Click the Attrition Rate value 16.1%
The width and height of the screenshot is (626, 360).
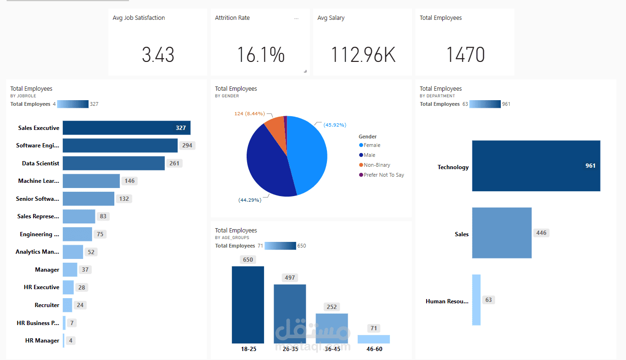[x=261, y=55]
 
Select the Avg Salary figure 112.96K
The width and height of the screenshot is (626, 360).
[x=363, y=55]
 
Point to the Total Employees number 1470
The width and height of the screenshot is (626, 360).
[x=465, y=55]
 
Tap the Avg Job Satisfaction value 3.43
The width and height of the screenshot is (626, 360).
[x=158, y=55]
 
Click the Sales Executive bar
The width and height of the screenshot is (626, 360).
[x=126, y=128]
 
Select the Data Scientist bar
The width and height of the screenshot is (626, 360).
[x=113, y=163]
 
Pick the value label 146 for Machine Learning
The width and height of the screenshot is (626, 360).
[x=129, y=181]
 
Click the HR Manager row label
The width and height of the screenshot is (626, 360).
[x=42, y=341]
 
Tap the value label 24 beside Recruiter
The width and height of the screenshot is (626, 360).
[x=80, y=305]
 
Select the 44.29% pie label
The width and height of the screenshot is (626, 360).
[x=250, y=200]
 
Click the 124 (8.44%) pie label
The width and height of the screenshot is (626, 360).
[x=249, y=114]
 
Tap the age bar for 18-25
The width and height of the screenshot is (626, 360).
[x=248, y=305]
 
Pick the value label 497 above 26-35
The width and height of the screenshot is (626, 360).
[x=290, y=278]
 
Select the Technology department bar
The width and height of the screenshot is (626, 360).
[x=536, y=166]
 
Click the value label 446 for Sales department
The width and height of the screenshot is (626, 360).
[x=541, y=233]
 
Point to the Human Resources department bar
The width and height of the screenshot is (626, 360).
[x=476, y=300]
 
